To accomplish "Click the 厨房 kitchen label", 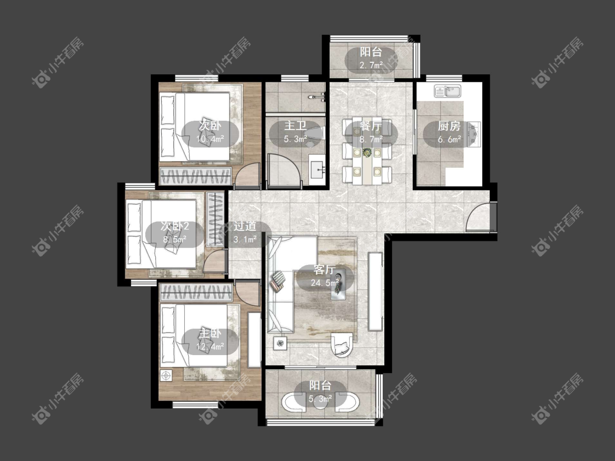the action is [x=449, y=126].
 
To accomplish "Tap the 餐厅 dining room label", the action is [x=371, y=126].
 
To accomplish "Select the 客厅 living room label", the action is [x=325, y=270].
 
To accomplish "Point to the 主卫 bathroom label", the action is [x=295, y=126].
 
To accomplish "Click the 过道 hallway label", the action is [x=245, y=226].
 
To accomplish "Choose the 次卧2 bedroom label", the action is [x=175, y=226].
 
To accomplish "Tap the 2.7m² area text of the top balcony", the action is [x=371, y=65].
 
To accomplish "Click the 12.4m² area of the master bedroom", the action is [x=210, y=346].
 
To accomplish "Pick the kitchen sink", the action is [x=448, y=91].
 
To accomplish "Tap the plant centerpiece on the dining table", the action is [x=367, y=152].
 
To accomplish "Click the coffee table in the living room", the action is [x=338, y=283].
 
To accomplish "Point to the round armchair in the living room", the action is [x=342, y=345].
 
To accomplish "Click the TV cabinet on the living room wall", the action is [x=375, y=292].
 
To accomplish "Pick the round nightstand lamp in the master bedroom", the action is [x=166, y=376].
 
